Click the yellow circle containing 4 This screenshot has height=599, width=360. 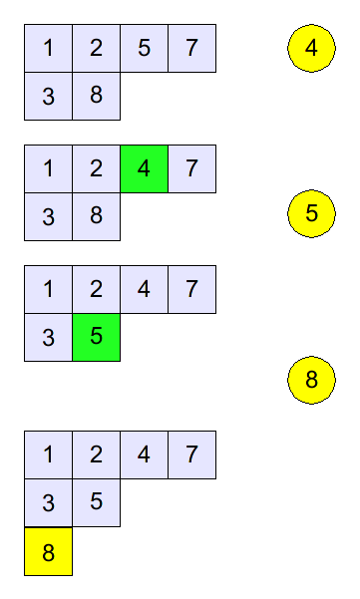tap(311, 48)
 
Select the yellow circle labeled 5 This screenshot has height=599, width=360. tap(311, 213)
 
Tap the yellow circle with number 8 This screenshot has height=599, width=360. tap(311, 380)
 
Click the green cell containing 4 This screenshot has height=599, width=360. tap(144, 168)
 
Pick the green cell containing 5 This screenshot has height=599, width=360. tap(97, 337)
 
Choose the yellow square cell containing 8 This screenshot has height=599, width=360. tap(48, 551)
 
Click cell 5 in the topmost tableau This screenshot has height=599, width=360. tap(144, 48)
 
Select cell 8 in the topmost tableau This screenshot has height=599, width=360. tap(97, 96)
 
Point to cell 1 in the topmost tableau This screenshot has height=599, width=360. tap(48, 48)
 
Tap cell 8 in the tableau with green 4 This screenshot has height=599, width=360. tap(97, 216)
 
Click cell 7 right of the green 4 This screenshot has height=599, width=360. tap(191, 168)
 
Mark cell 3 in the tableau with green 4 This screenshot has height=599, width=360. tap(48, 216)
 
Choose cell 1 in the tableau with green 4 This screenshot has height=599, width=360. tap(48, 168)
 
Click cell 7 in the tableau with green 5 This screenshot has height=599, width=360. tap(191, 290)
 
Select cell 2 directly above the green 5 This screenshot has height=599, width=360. tap(97, 290)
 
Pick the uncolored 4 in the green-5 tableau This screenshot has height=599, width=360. tap(144, 290)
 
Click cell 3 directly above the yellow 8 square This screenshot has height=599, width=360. tap(48, 502)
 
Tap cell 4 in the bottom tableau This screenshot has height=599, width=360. tap(144, 454)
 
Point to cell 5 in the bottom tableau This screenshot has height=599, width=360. tap(97, 502)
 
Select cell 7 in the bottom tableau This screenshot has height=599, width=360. tap(191, 454)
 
